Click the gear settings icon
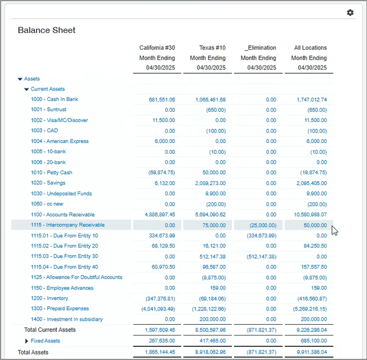350,13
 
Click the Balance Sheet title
47,30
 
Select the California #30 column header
157,48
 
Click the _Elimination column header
260,48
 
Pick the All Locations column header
310,48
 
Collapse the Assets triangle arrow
20,79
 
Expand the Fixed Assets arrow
26,341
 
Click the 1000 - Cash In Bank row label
55,100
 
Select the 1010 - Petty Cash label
51,173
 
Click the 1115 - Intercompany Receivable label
67,225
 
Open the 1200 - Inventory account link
50,298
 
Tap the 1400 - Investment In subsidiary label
67,320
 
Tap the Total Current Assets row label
50,330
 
